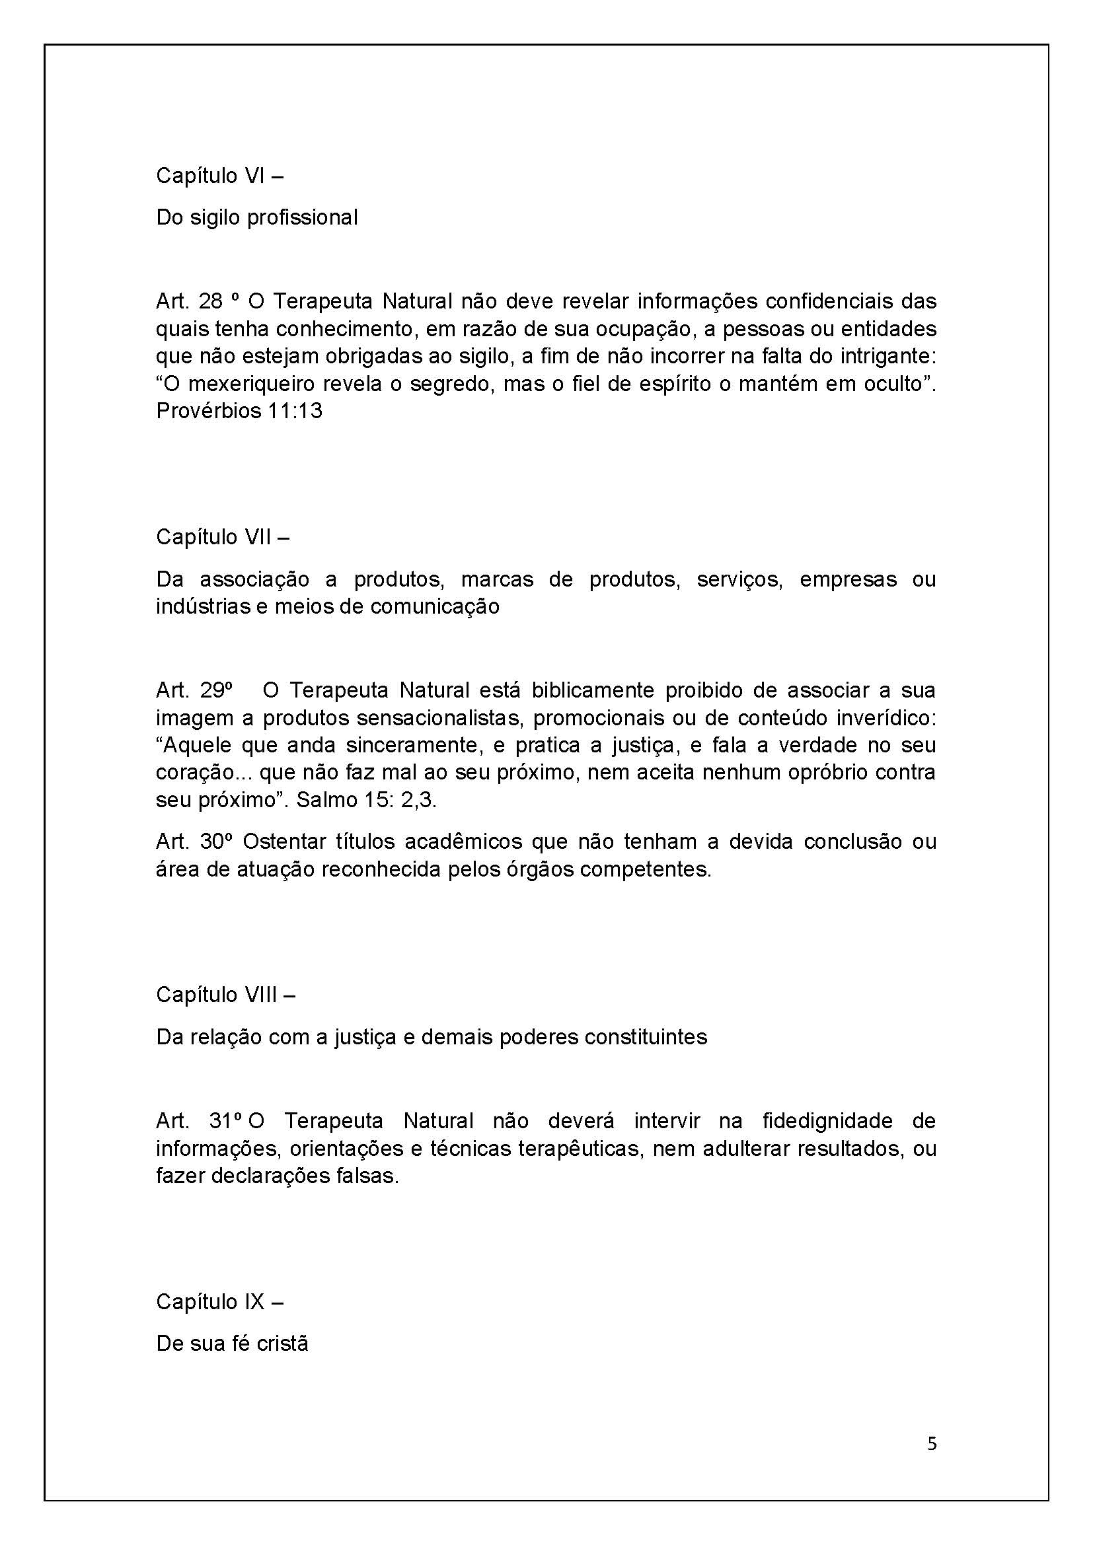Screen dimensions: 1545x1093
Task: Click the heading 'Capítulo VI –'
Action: click(x=219, y=176)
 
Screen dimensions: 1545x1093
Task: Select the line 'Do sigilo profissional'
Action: click(x=256, y=217)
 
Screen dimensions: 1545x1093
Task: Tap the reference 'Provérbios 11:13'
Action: click(x=239, y=410)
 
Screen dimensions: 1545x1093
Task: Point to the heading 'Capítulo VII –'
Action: click(x=223, y=537)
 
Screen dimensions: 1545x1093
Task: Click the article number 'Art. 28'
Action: click(x=189, y=301)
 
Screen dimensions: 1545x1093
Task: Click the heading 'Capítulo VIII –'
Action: click(x=225, y=995)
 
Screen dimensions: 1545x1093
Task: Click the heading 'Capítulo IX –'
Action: click(x=219, y=1302)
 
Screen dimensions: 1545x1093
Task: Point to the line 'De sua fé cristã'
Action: click(x=232, y=1344)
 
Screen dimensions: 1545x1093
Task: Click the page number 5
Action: click(x=932, y=1444)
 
